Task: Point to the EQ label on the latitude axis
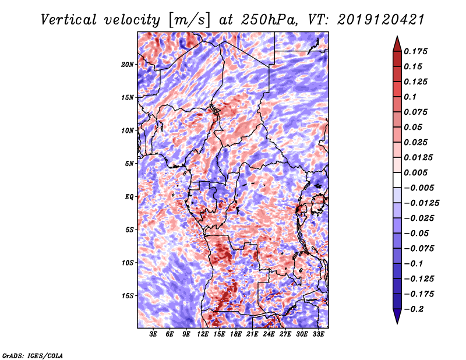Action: (129, 197)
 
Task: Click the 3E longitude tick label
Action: (154, 335)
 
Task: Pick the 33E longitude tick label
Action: (318, 335)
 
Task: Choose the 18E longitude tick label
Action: (236, 335)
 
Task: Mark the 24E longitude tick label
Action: (269, 335)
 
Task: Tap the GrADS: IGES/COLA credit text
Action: (33, 355)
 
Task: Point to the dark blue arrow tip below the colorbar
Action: (396, 320)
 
